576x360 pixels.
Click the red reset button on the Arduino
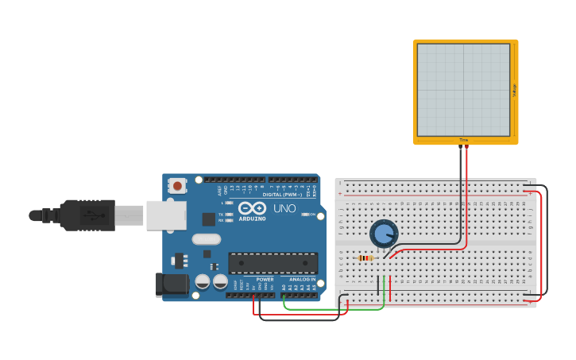pyautogui.click(x=177, y=186)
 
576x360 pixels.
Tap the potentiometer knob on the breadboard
pyautogui.click(x=384, y=234)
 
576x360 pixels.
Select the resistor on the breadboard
pyautogui.click(x=365, y=257)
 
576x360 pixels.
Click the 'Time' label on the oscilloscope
pyautogui.click(x=463, y=141)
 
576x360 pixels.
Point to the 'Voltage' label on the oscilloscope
pyautogui.click(x=514, y=91)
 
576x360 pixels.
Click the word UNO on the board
pyautogui.click(x=284, y=209)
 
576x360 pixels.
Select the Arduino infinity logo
pyautogui.click(x=252, y=207)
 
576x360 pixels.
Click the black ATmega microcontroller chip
pyautogui.click(x=273, y=263)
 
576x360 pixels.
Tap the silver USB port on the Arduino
pyautogui.click(x=166, y=215)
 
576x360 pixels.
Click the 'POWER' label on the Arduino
pyautogui.click(x=265, y=279)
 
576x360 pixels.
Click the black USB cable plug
pyautogui.click(x=87, y=215)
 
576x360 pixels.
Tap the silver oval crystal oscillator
pyautogui.click(x=206, y=238)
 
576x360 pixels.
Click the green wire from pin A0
pyautogui.click(x=334, y=308)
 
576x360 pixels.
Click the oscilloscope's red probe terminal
pyautogui.click(x=466, y=146)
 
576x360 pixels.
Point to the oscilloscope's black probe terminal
pyautogui.click(x=459, y=146)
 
